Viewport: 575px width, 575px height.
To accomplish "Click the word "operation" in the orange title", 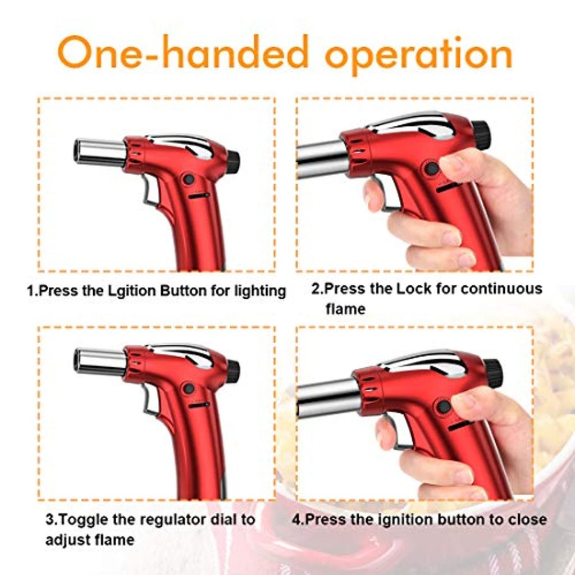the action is click(x=418, y=55).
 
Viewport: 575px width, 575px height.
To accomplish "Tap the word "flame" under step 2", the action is click(x=345, y=309).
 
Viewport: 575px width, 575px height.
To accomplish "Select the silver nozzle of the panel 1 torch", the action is click(x=100, y=152).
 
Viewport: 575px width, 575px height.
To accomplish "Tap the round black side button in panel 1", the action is click(x=189, y=179).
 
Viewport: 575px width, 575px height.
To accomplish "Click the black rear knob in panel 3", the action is click(x=233, y=371).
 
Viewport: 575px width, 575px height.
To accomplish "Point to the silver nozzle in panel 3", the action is click(x=100, y=362).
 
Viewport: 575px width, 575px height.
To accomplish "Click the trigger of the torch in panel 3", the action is click(x=149, y=400).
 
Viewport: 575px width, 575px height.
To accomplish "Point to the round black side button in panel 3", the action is click(x=189, y=389).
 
